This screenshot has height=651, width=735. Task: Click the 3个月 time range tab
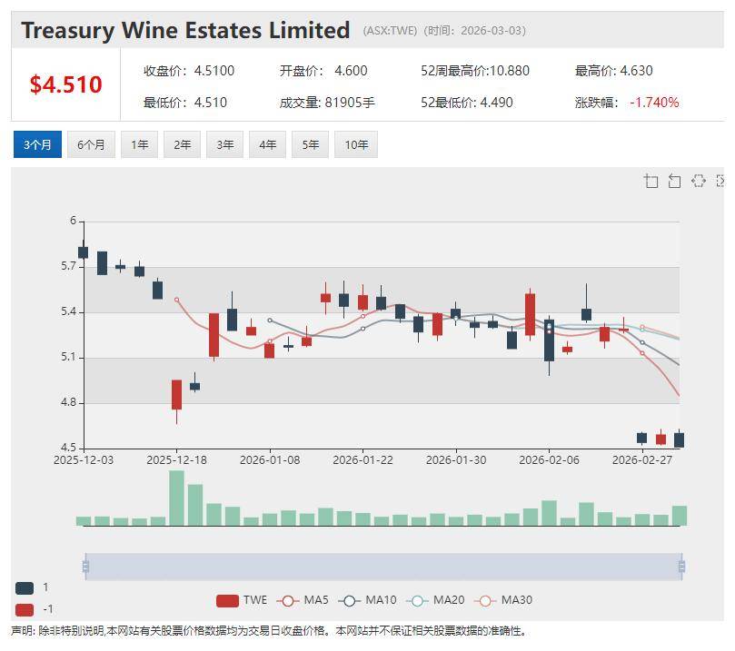coord(37,144)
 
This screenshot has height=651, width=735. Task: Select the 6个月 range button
coord(91,144)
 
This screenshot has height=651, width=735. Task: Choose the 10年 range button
coord(355,144)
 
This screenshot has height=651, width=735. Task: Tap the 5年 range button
coord(311,144)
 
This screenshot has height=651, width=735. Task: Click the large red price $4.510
coord(65,84)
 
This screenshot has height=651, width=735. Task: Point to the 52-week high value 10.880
coord(502,71)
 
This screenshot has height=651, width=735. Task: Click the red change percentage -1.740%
coord(654,103)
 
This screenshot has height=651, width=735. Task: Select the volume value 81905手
coord(350,103)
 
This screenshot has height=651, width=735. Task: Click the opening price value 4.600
coord(351,71)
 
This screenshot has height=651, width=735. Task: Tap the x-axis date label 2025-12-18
coord(177,460)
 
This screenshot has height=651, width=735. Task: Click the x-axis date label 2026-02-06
coord(549,460)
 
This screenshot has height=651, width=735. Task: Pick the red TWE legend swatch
coord(227,600)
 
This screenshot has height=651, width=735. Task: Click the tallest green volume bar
coord(176,498)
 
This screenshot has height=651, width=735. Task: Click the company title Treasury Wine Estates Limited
coord(185,30)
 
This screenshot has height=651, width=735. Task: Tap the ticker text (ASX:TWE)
coord(390,31)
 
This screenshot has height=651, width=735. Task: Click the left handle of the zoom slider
coord(85,567)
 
